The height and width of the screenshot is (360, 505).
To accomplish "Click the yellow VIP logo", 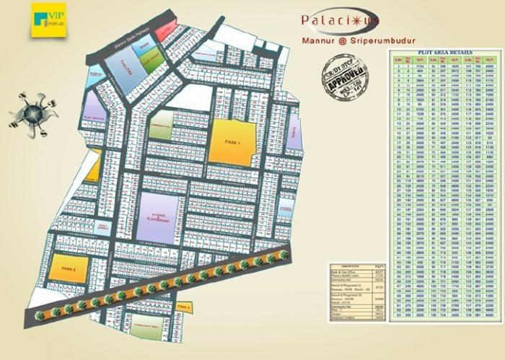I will (48, 20).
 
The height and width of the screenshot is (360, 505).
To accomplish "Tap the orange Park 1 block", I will (232, 143).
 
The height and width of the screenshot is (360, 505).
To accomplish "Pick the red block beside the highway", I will (167, 31).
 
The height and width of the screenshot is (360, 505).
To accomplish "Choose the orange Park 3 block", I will (70, 268).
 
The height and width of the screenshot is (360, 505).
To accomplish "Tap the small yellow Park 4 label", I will (184, 308).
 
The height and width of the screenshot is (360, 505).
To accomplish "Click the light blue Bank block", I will (144, 48).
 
